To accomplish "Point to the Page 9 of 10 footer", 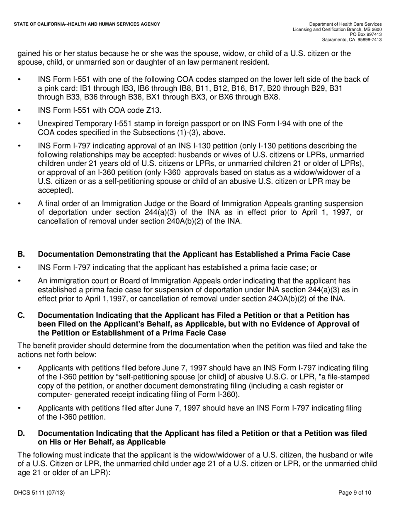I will coord(355,493).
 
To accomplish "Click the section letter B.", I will coord(20,254).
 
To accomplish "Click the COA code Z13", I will coord(152,110).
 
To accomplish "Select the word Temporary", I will coord(88,124).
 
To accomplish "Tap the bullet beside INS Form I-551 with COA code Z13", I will coord(19,110).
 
